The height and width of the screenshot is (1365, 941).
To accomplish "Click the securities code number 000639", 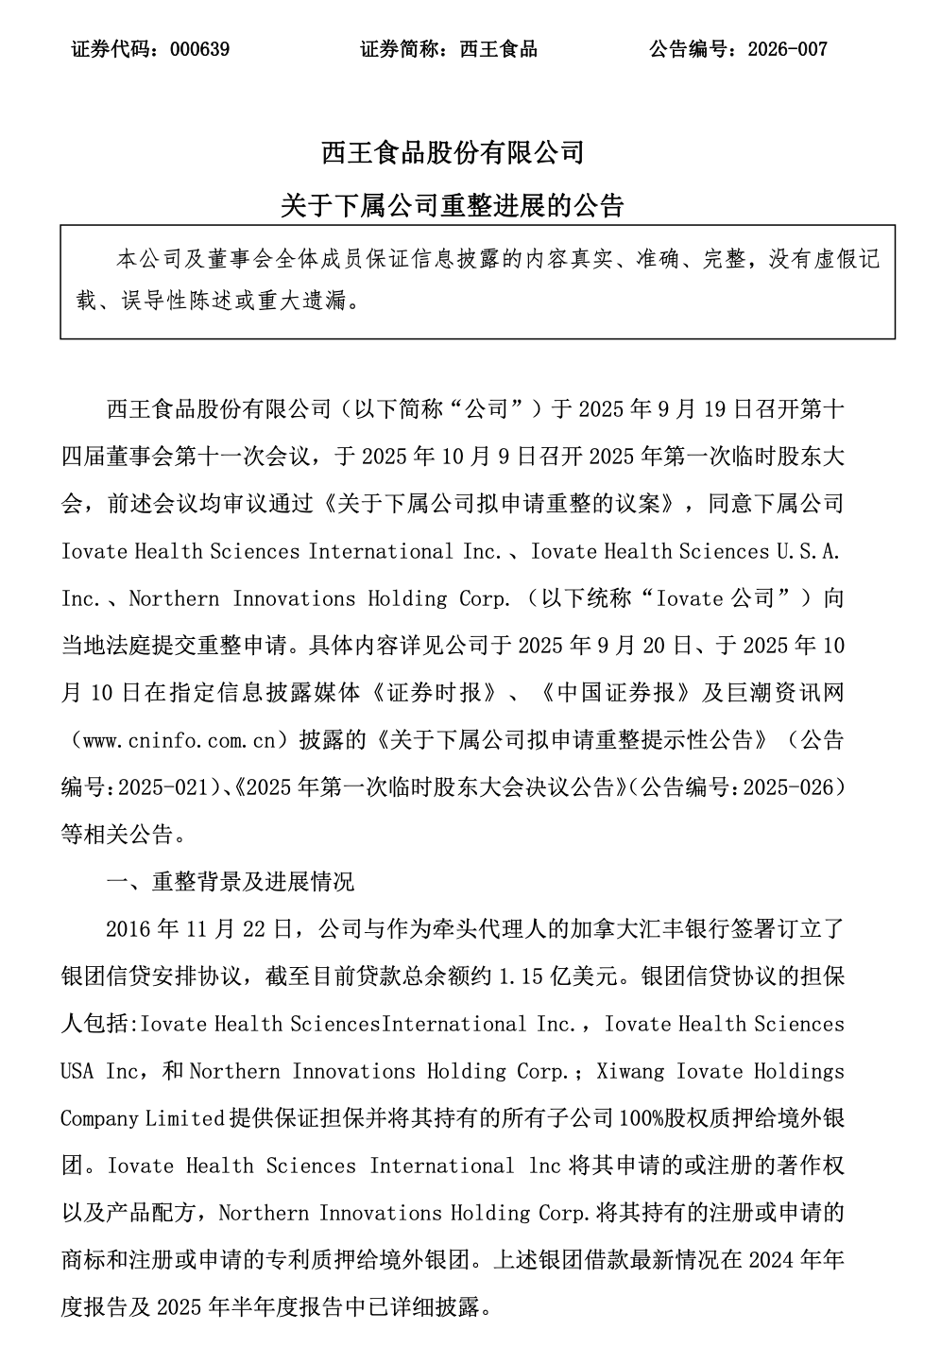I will pyautogui.click(x=200, y=49).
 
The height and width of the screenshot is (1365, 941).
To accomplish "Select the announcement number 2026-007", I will pyautogui.click(x=787, y=49).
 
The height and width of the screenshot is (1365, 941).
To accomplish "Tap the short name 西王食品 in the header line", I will pyautogui.click(x=498, y=49).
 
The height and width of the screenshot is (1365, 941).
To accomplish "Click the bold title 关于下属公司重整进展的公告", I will pyautogui.click(x=453, y=205).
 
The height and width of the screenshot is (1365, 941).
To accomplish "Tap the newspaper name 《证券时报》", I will pyautogui.click(x=433, y=693).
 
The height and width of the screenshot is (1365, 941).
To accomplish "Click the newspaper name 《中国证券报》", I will pyautogui.click(x=616, y=693).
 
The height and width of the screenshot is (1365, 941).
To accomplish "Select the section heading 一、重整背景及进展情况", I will pyautogui.click(x=231, y=882).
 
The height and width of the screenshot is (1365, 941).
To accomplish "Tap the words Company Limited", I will pyautogui.click(x=142, y=1118).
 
